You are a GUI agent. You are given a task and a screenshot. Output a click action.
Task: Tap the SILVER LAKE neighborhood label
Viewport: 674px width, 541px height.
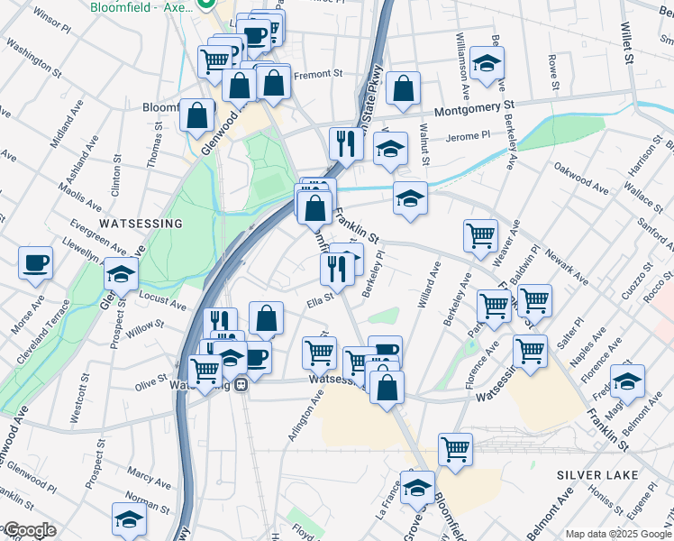597,474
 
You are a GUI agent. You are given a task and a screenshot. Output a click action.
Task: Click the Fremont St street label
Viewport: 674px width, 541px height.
319,74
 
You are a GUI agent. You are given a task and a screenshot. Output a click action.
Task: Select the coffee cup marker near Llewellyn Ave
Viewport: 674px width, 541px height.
36,263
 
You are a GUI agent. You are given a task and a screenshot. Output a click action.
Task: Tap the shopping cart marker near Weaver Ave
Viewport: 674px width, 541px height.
480,235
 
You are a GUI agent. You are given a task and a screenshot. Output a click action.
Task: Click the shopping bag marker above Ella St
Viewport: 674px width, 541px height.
266,317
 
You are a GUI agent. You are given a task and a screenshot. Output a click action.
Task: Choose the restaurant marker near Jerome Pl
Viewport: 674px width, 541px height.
345,142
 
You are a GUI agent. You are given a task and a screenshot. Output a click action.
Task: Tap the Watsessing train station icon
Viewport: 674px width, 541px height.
241,385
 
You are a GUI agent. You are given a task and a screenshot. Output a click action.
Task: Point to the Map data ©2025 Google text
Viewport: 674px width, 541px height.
619,534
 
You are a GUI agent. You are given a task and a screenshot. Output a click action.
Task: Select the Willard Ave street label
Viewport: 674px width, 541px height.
428,286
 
